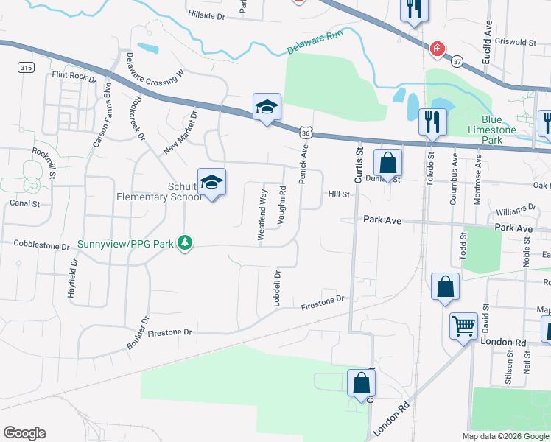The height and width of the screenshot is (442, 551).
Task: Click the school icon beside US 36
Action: coord(267,108)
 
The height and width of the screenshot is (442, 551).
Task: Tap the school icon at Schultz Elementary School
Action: coord(211,183)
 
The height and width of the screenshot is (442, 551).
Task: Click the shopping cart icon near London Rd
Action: coord(463,324)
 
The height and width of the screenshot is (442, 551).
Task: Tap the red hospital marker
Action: coord(438,49)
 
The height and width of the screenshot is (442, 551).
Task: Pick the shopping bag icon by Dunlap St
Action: coord(387,163)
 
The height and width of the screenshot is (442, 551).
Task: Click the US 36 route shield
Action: coord(305,132)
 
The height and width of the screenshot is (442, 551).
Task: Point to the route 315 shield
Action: coord(27,68)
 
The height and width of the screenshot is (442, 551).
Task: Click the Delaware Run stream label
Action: coord(315,48)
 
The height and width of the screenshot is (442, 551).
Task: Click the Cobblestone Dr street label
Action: coord(41,243)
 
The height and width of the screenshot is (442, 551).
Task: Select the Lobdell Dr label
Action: coord(278,288)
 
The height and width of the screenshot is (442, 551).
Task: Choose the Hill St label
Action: coord(338,194)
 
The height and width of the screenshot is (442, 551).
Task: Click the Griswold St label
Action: coord(516,43)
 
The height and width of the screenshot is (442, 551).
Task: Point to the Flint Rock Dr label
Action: coord(74,75)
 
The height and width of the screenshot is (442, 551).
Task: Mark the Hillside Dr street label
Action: coord(206,14)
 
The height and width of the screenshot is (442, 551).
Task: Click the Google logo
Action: coord(24,433)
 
